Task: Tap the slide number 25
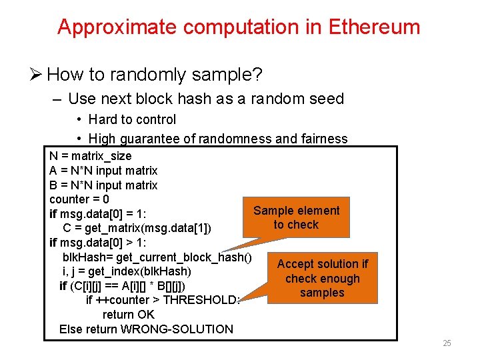pos(447,343)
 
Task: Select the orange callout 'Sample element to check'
pos(297,217)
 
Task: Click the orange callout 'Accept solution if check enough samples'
pos(322,278)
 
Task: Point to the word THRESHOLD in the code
pos(201,300)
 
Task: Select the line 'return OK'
pos(128,314)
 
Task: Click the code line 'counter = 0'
pos(79,199)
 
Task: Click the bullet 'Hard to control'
pos(132,119)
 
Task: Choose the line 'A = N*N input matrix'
pos(103,171)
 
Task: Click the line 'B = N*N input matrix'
pos(103,185)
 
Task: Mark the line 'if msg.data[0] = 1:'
pos(98,214)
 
